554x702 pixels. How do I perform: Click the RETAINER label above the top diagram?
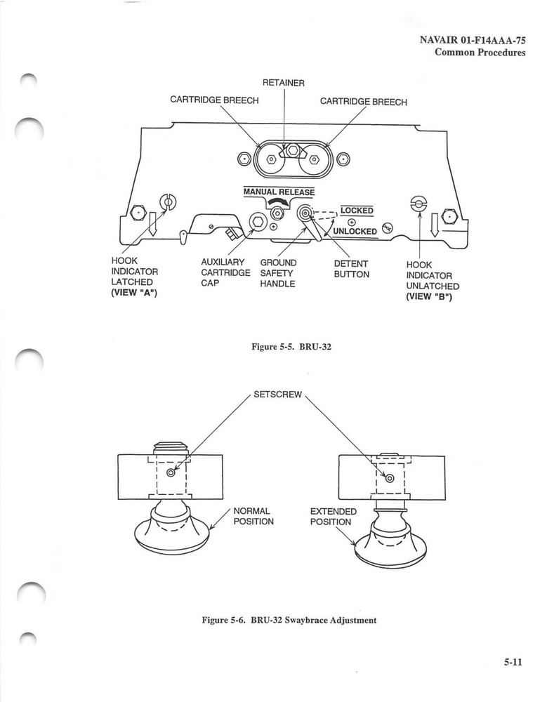coord(283,83)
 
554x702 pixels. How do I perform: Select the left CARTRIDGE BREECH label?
coord(214,100)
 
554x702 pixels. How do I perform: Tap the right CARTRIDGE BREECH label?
coord(363,101)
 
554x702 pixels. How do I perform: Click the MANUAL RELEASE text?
coord(279,192)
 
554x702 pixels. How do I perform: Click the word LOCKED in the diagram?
coord(357,210)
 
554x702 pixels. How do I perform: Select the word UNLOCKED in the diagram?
coord(355,231)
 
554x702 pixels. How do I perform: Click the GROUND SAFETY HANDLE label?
coord(278,274)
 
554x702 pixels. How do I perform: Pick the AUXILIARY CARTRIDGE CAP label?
coord(225,274)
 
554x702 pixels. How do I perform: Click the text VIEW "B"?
coord(428,297)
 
